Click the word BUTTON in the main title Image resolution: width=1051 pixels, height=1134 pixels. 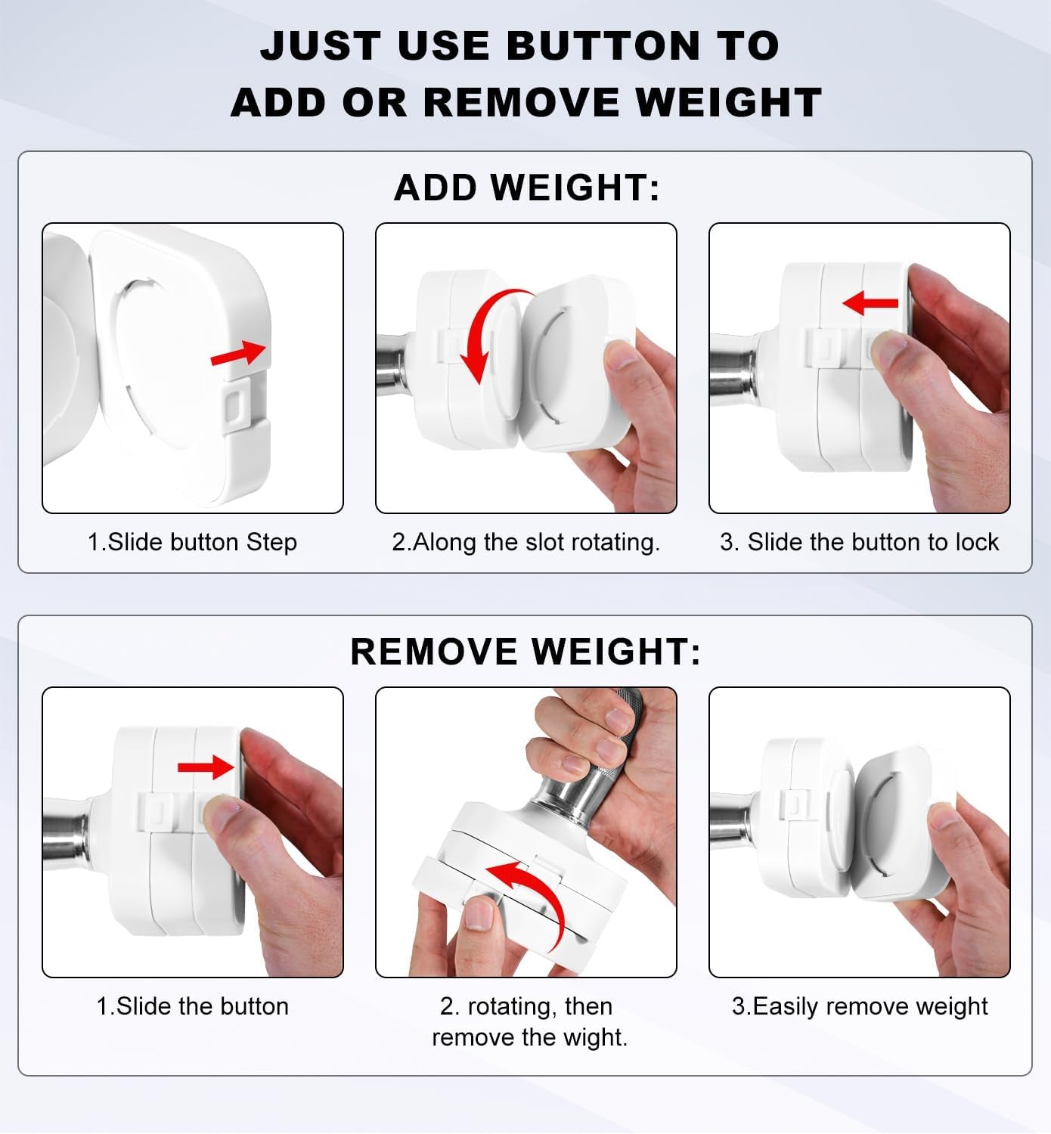point(603,45)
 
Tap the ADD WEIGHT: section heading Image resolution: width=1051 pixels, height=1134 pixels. point(526,187)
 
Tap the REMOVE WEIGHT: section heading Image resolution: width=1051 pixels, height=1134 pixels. point(525,652)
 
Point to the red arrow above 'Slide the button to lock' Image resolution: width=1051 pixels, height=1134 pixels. point(870,303)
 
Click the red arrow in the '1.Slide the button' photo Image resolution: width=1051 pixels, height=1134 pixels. point(206,767)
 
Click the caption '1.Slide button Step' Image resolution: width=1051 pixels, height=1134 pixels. point(192,542)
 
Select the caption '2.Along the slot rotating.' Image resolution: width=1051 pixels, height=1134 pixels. point(525,542)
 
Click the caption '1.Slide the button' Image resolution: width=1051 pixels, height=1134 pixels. point(193,1006)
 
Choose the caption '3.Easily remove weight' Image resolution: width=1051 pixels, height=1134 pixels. point(860,1007)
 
